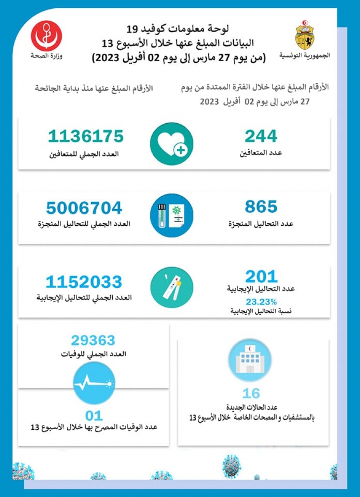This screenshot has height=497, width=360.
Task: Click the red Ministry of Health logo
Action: click(x=46, y=35)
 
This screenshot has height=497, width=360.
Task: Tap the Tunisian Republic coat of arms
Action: click(x=305, y=34)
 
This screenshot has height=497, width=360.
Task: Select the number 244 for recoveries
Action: click(x=261, y=136)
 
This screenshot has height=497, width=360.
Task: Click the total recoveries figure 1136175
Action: click(x=86, y=136)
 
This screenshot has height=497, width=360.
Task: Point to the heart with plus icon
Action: click(x=172, y=144)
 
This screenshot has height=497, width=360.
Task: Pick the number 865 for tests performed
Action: click(x=261, y=207)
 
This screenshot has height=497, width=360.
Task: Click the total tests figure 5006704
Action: click(x=85, y=208)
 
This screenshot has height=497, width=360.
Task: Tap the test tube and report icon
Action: click(x=172, y=215)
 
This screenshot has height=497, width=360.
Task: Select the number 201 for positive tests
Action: click(x=261, y=276)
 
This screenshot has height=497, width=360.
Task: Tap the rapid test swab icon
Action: click(x=172, y=287)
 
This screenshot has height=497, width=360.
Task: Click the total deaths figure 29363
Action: click(x=93, y=340)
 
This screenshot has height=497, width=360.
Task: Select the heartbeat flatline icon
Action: click(x=94, y=383)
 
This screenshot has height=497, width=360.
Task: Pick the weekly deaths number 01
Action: click(x=94, y=416)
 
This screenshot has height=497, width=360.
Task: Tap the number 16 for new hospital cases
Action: click(x=251, y=393)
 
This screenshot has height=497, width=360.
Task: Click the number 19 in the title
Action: click(x=132, y=30)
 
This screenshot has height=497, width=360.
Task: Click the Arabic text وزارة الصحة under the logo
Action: click(x=46, y=56)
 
